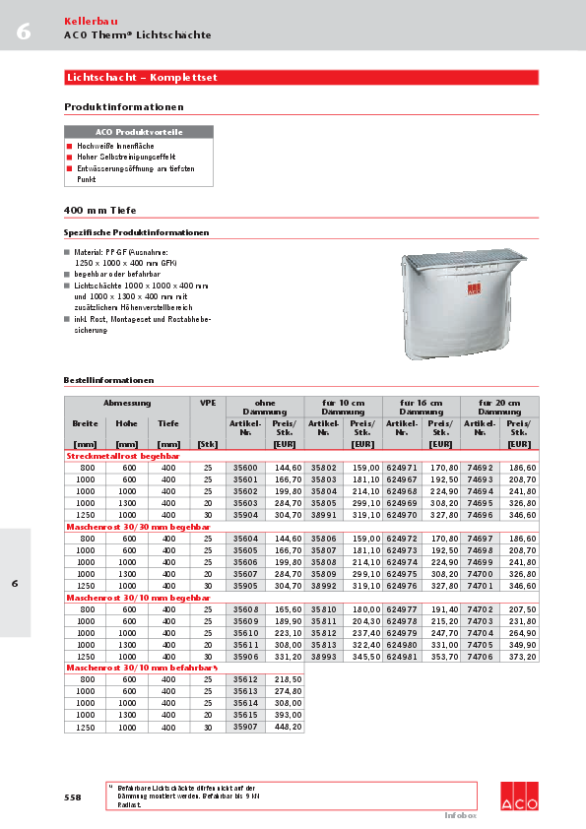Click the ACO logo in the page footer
(x=519, y=795)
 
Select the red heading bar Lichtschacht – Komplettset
(x=301, y=77)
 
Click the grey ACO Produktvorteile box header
(x=138, y=131)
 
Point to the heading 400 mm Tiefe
(x=100, y=211)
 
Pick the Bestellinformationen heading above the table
(x=108, y=380)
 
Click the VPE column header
(x=207, y=403)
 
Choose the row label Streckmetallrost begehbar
(x=124, y=457)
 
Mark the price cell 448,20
(x=288, y=727)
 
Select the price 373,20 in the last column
(x=522, y=656)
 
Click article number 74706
(x=480, y=656)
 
